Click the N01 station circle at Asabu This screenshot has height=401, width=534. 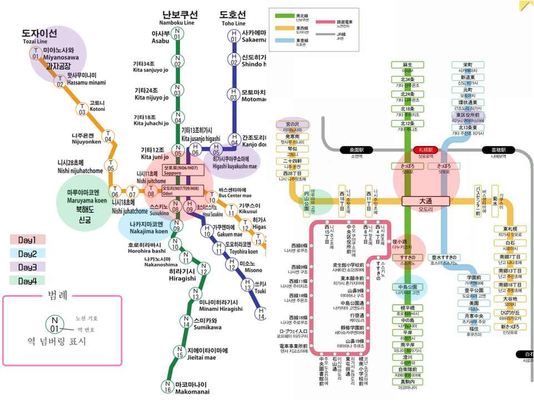click(177, 33)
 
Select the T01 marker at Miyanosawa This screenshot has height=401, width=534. click(36, 53)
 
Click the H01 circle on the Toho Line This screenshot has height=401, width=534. click(234, 36)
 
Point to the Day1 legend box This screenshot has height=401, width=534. click(27, 240)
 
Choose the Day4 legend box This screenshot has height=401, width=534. click(27, 280)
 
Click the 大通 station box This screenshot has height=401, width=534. click(425, 200)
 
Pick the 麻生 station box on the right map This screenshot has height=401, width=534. click(408, 65)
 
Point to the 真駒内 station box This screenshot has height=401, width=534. click(407, 382)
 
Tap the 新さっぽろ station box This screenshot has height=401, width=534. click(510, 327)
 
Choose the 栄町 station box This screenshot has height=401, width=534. click(468, 65)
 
